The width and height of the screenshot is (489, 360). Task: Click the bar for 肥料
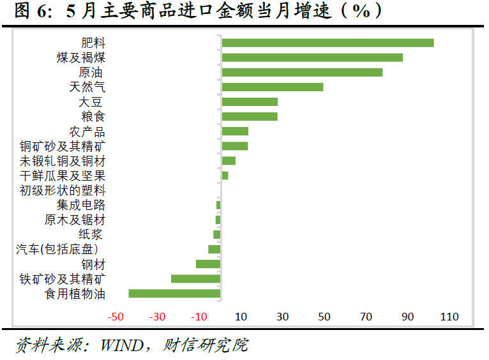[x=327, y=43]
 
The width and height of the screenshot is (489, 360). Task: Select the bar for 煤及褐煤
[x=312, y=57]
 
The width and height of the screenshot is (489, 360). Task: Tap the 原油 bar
[x=302, y=72]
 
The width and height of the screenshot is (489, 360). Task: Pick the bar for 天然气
[x=272, y=87]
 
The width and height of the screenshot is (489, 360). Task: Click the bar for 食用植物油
[x=174, y=294]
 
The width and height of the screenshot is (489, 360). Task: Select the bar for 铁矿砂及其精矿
[x=195, y=279]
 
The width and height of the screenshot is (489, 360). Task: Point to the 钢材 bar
[x=208, y=264]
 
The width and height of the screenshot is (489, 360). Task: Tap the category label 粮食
[x=93, y=117]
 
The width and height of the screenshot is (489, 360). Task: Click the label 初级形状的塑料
[x=63, y=190]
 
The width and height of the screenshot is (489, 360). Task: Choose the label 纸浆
[x=91, y=234]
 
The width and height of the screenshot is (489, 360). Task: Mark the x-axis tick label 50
[x=324, y=317]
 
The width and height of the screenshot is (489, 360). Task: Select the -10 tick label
[x=199, y=317]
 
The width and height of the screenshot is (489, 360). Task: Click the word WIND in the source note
[x=124, y=345]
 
